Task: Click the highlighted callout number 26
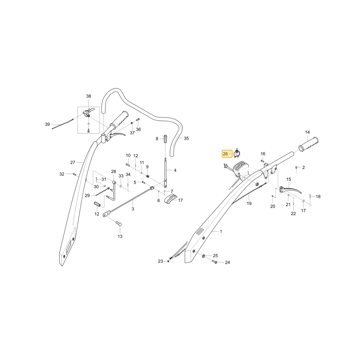tap(225, 154)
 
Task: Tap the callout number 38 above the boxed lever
tap(89, 96)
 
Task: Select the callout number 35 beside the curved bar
tap(186, 139)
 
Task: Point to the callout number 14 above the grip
tap(307, 132)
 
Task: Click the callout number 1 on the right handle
tap(221, 231)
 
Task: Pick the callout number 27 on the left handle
tap(73, 163)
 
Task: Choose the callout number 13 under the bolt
tap(120, 237)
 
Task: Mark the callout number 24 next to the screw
tap(227, 262)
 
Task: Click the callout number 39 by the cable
tap(47, 125)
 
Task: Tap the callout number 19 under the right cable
tap(249, 203)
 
